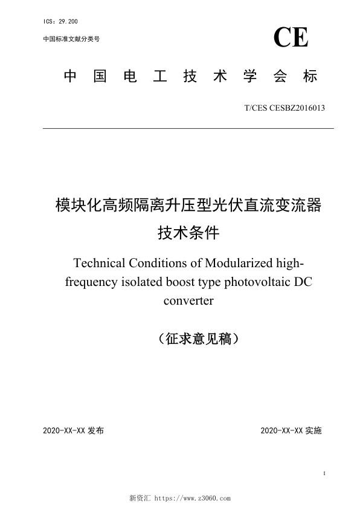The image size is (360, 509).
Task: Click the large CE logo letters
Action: (291, 37)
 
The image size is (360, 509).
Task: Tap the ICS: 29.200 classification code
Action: (61, 22)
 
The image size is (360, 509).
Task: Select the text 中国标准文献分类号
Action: (71, 39)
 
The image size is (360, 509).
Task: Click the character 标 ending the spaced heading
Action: (310, 77)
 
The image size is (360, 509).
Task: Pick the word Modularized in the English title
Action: (240, 264)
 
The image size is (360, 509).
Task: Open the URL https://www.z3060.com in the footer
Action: (193, 499)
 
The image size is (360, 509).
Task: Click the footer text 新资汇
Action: (140, 499)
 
